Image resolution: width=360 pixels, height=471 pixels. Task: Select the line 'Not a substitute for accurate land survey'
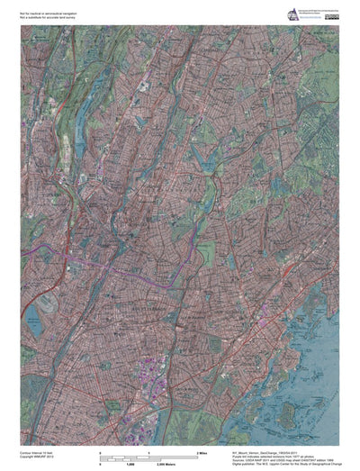pos(54,14)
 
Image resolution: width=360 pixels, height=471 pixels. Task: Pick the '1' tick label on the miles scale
pos(149,449)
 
